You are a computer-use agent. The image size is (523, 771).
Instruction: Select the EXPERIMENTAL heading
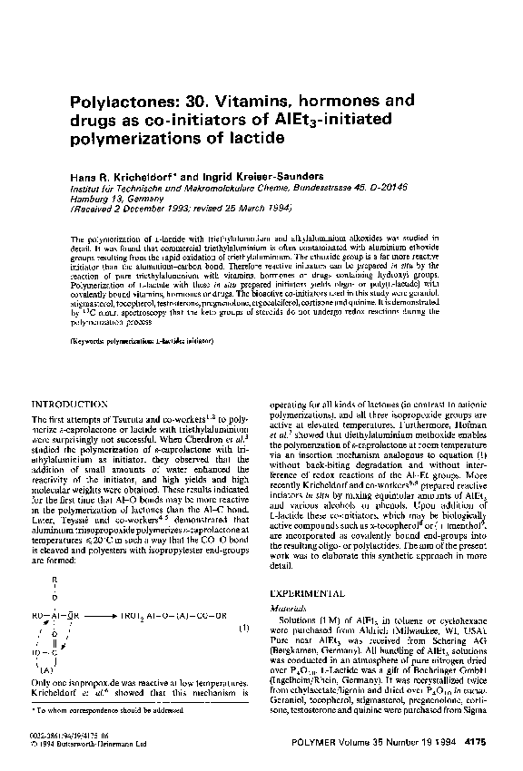309,592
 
